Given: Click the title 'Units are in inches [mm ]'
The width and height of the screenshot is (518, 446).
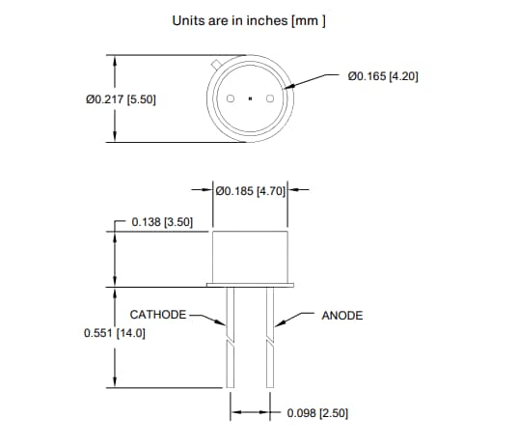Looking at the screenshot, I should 248,19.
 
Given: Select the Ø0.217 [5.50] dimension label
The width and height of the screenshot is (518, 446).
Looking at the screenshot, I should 122,99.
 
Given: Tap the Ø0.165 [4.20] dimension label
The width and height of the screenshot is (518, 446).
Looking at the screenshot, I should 382,75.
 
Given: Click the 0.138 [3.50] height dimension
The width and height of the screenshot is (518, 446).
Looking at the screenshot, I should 161,222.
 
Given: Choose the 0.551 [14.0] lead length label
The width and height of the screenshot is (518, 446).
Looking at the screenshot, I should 116,332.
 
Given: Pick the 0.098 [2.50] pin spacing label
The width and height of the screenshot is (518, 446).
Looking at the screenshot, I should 317,412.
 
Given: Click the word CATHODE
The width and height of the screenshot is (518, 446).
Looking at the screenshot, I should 157,315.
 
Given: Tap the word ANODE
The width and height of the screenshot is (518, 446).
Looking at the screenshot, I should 341,316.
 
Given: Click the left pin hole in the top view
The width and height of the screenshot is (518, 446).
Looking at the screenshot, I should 232,99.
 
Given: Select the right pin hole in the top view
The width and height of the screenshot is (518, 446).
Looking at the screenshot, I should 269,99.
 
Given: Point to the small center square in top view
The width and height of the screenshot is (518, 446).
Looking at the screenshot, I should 250,99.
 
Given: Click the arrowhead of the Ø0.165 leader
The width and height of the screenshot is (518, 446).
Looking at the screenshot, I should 286,90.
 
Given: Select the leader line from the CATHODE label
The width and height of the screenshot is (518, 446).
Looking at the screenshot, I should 206,316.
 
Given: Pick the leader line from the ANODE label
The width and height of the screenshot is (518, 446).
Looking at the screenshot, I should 294,316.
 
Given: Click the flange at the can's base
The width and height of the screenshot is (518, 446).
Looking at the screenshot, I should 250,285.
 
